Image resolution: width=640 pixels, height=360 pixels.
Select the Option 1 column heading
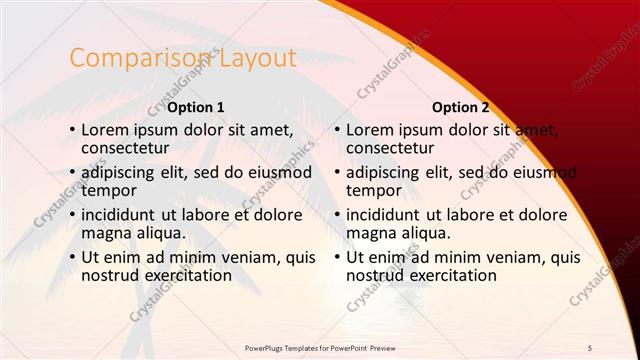click(x=195, y=107)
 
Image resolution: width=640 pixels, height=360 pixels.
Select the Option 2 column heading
click(x=461, y=107)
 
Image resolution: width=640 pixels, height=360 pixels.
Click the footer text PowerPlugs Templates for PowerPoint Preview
click(x=320, y=347)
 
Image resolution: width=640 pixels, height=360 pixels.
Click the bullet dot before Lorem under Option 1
click(x=71, y=130)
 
